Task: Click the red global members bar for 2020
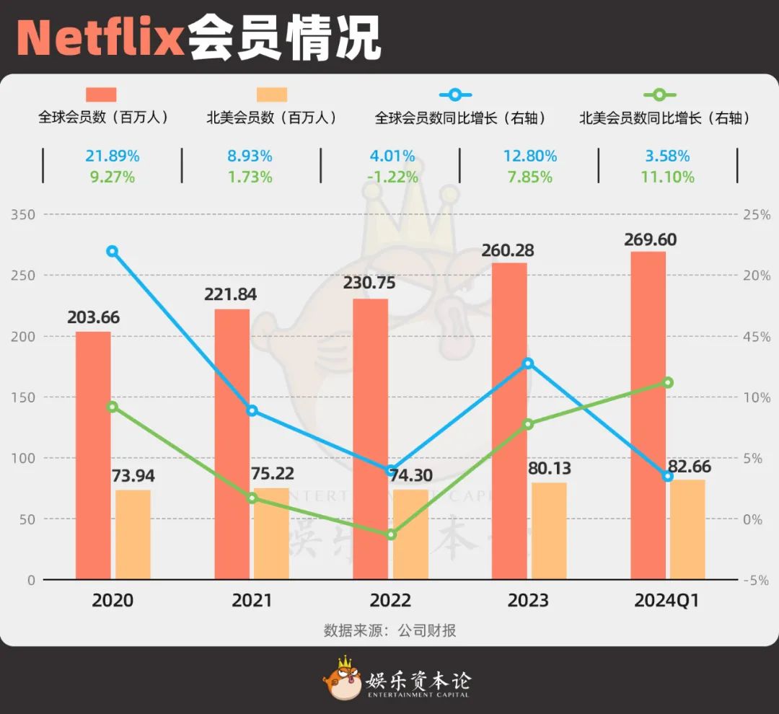tap(93, 454)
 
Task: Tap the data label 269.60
tap(650, 239)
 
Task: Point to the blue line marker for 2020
tap(112, 252)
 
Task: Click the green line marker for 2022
tap(391, 534)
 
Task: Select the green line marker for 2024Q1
tap(668, 382)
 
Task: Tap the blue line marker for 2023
tap(529, 363)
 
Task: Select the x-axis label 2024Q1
tap(667, 601)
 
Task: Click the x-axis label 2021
tap(252, 601)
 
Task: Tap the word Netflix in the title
tap(101, 38)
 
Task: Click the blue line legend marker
tap(454, 94)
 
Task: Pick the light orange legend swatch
tap(271, 94)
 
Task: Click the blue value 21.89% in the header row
tap(112, 156)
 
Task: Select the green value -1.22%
tap(391, 177)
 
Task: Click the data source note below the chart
tap(389, 631)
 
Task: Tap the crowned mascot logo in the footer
tap(342, 679)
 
